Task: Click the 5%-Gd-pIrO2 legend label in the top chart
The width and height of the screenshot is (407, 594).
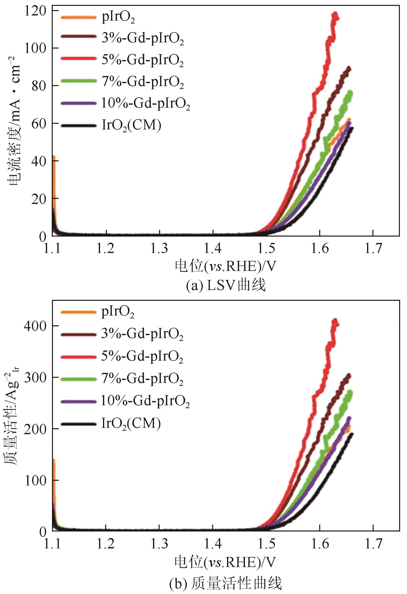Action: [142, 60]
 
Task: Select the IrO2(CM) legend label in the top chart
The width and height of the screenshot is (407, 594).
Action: [131, 125]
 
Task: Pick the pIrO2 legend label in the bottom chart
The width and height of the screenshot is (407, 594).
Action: [118, 312]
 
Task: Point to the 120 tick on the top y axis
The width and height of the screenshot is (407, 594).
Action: [36, 12]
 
